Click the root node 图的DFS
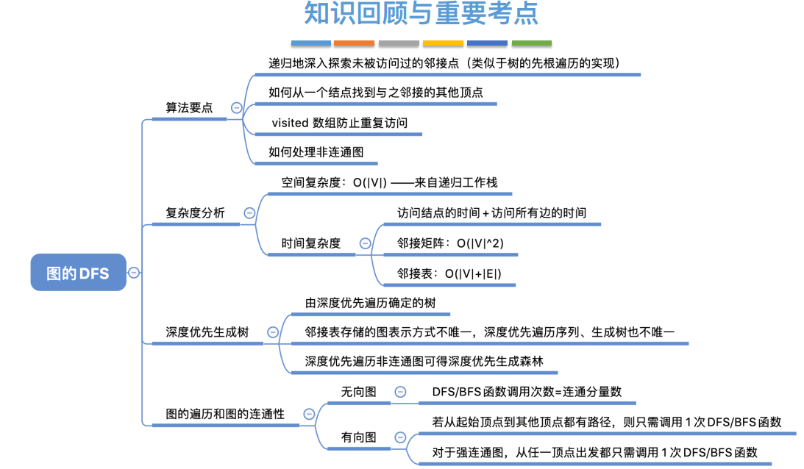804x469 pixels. (x=78, y=273)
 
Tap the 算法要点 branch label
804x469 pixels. (x=189, y=108)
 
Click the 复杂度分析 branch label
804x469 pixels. (x=195, y=213)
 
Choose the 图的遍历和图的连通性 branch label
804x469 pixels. (x=225, y=415)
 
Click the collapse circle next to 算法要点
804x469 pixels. (x=236, y=107)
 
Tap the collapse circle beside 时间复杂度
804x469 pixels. (x=365, y=243)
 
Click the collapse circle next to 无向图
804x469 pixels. (x=400, y=393)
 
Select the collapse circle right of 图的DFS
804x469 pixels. (x=134, y=273)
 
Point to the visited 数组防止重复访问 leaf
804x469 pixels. (x=339, y=123)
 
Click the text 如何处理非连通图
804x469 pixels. (x=316, y=152)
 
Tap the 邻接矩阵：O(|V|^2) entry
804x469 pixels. (x=450, y=243)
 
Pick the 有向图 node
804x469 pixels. (x=358, y=437)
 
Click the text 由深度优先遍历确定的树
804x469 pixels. (x=372, y=302)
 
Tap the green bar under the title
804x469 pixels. (x=531, y=43)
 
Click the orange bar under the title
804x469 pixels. (x=354, y=43)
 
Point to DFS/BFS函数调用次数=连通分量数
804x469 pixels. (x=527, y=393)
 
